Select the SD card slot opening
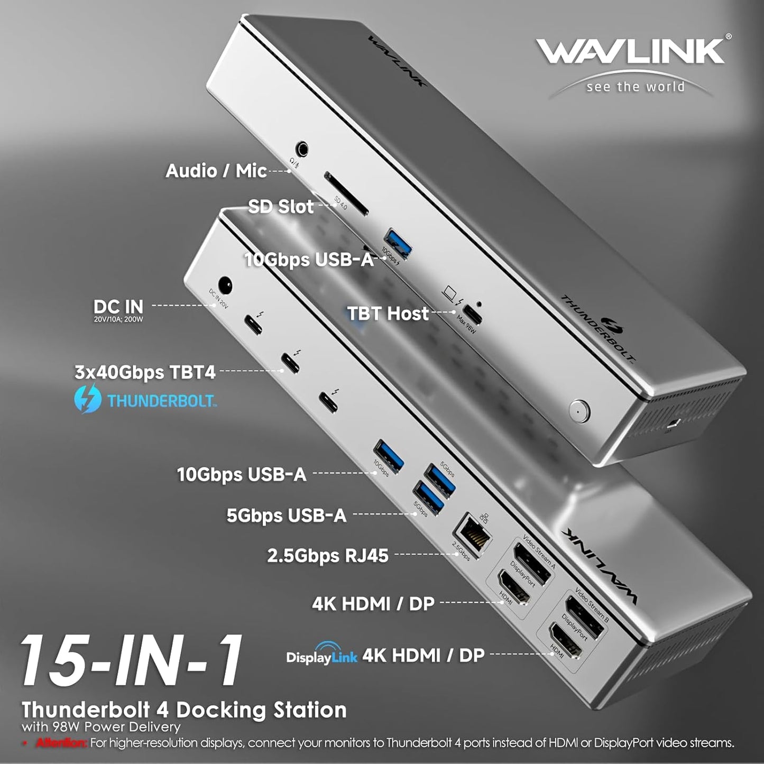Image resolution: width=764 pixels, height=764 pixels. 345,194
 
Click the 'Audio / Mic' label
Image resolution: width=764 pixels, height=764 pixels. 216,171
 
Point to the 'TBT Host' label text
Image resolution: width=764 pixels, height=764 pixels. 388,314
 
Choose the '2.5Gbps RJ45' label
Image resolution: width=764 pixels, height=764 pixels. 327,556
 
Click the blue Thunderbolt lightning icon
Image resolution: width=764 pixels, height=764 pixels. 88,399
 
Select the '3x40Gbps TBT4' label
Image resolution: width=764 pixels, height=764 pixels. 145,372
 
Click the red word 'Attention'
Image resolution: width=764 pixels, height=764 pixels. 61,743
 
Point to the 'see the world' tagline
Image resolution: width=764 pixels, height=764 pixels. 635,87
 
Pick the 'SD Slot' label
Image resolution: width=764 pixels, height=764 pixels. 281,206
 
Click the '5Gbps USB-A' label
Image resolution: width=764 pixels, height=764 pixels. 286,515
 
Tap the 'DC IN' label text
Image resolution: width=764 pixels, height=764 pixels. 118,307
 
